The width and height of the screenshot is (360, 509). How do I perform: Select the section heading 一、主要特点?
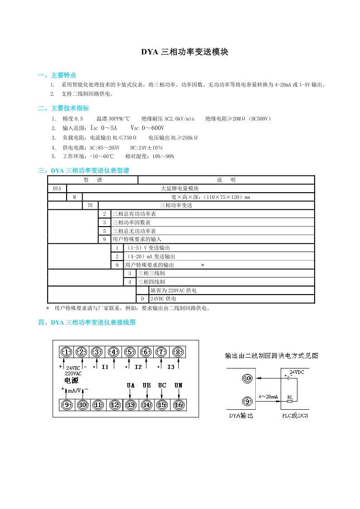pyautogui.click(x=57, y=75)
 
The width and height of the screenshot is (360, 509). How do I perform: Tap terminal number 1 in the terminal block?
pyautogui.click(x=67, y=352)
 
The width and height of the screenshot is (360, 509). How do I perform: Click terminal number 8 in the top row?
pyautogui.click(x=178, y=352)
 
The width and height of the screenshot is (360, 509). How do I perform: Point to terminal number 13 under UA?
pyautogui.click(x=131, y=405)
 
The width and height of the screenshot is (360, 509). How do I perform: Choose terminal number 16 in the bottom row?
pyautogui.click(x=178, y=405)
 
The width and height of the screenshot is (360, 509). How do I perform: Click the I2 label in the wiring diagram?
pyautogui.click(x=138, y=367)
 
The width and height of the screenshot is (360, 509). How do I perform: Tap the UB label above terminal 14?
pyautogui.click(x=146, y=385)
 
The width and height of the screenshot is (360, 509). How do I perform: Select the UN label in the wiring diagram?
pyautogui.click(x=178, y=385)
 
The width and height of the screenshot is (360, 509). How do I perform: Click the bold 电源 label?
pyautogui.click(x=72, y=380)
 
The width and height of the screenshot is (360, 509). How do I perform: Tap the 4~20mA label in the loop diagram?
pyautogui.click(x=268, y=397)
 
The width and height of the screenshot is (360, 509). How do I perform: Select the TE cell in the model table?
pyautogui.click(x=90, y=205)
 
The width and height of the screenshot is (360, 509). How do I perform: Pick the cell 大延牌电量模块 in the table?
pyautogui.click(x=180, y=189)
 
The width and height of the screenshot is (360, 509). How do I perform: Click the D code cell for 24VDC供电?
pyautogui.click(x=142, y=299)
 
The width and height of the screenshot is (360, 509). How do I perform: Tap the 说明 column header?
pyautogui.click(x=226, y=180)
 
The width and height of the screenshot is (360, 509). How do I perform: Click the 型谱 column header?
pyautogui.click(x=92, y=180)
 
